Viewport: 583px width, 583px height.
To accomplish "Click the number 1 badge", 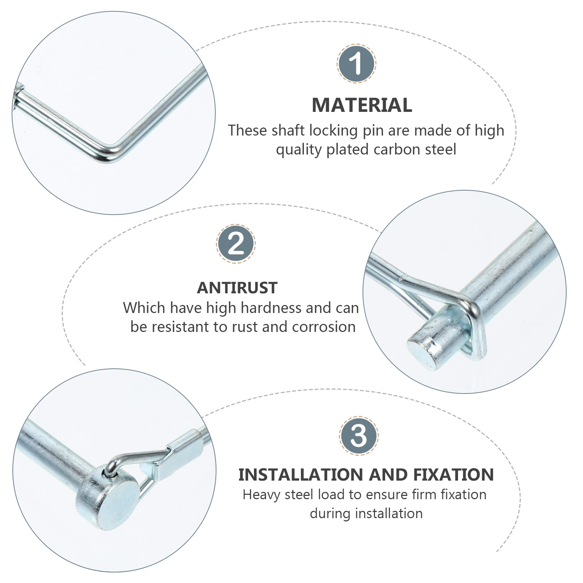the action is click(356, 63).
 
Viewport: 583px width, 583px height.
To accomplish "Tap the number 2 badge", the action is click(236, 243).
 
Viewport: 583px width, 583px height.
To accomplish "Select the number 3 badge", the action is click(359, 435).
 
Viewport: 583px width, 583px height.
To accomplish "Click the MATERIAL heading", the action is click(362, 105).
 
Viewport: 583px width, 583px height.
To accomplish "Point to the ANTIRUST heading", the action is click(237, 288).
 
